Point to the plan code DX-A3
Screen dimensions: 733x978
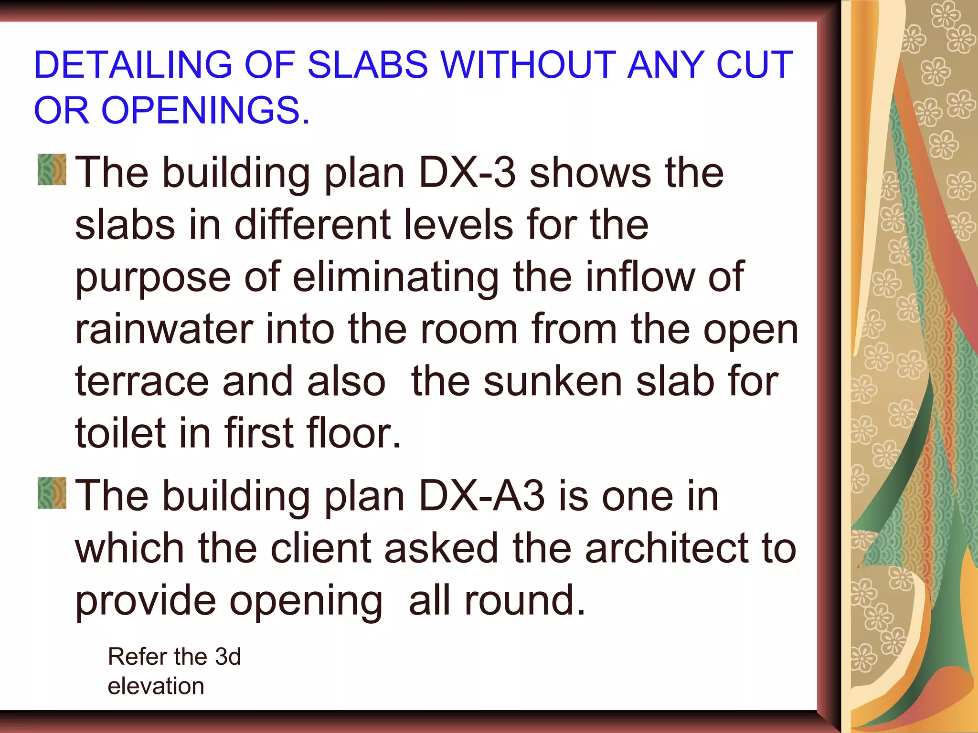[x=482, y=496]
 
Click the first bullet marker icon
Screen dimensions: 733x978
[x=52, y=169]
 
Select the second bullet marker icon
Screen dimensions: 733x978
[x=52, y=493]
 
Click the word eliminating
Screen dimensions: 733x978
[x=396, y=277]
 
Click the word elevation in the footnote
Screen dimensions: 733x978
[x=156, y=686]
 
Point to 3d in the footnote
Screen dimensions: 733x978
[x=228, y=657]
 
